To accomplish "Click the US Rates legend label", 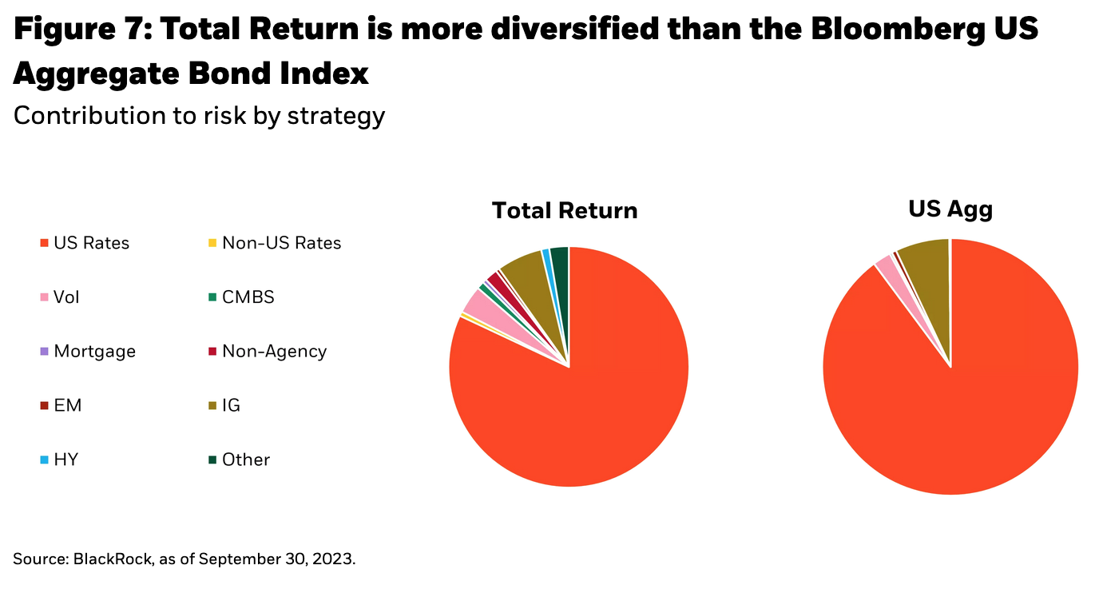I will point(91,243).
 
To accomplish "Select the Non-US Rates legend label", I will point(281,243).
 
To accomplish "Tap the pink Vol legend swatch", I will point(45,297).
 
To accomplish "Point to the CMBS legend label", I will point(248,297).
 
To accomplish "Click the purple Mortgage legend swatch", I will point(45,352).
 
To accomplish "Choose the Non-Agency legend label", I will point(274,352).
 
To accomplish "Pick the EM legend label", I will point(68,406).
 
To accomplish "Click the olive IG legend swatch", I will point(212,406).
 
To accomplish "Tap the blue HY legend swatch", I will point(45,460).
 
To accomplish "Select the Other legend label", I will point(246,460).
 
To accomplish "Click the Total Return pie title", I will point(565,210).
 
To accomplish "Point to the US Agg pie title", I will point(950,209).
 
